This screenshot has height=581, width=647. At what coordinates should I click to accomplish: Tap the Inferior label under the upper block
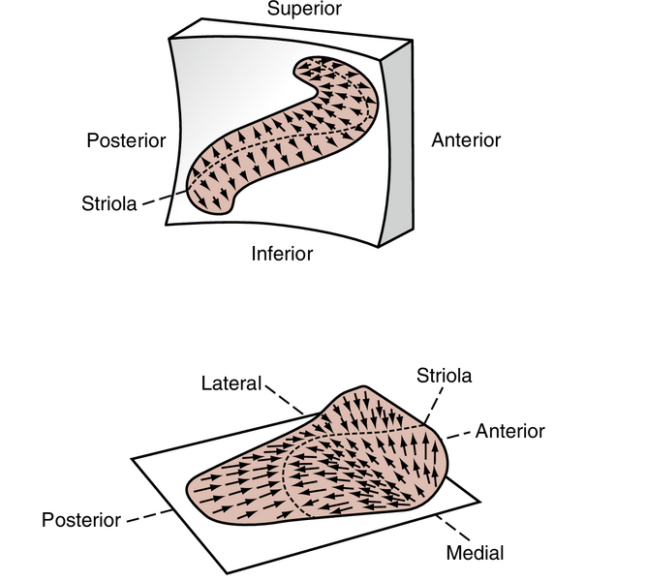282,254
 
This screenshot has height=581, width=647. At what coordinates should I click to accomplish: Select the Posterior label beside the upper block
127,140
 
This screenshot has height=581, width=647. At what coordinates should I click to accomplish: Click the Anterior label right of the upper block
466,140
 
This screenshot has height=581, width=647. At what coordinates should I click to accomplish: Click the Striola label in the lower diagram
444,375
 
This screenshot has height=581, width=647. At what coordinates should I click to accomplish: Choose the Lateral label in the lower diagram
231,383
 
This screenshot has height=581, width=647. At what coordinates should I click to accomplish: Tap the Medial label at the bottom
475,554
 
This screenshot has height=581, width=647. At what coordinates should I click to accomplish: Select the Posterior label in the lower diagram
81,520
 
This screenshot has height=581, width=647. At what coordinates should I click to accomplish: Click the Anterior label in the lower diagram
510,431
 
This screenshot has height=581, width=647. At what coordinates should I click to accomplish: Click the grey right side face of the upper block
398,145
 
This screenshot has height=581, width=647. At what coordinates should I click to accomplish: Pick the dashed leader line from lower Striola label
435,401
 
